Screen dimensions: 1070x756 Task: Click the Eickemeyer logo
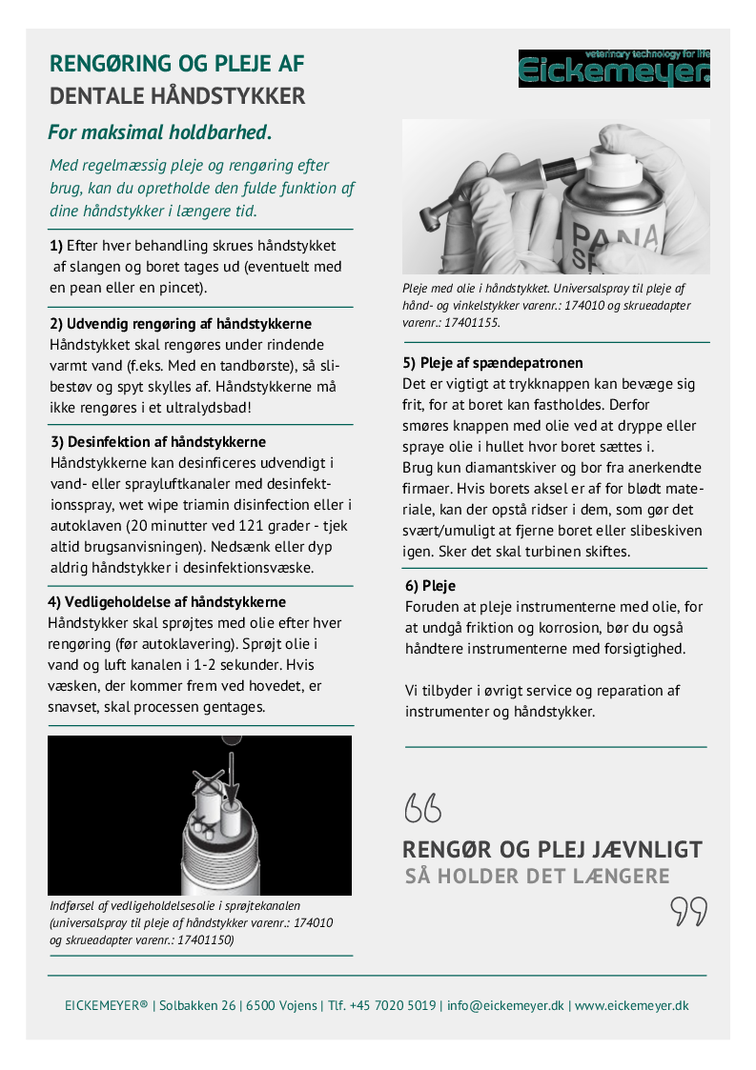coord(614,69)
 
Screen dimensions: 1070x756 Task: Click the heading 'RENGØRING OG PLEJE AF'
coord(177,64)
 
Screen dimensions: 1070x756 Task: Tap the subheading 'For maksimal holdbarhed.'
coord(161,131)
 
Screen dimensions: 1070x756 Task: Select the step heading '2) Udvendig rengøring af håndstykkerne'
coord(180,324)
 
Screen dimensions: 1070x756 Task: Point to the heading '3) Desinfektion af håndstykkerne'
coord(157,442)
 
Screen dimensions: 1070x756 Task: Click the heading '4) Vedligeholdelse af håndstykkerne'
coord(167,602)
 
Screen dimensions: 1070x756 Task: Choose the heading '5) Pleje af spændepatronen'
coord(493,363)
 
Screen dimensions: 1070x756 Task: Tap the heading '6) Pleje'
coord(430,586)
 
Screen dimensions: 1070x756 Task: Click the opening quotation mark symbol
coord(423,808)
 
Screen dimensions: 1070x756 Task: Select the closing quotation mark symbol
coord(688,911)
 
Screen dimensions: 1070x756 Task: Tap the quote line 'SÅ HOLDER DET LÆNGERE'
coord(538,876)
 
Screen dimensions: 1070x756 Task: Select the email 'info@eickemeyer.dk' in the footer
coord(505,1005)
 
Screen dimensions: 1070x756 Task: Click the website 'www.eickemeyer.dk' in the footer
coord(631,1005)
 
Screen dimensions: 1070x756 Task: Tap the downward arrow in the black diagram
coord(230,775)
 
